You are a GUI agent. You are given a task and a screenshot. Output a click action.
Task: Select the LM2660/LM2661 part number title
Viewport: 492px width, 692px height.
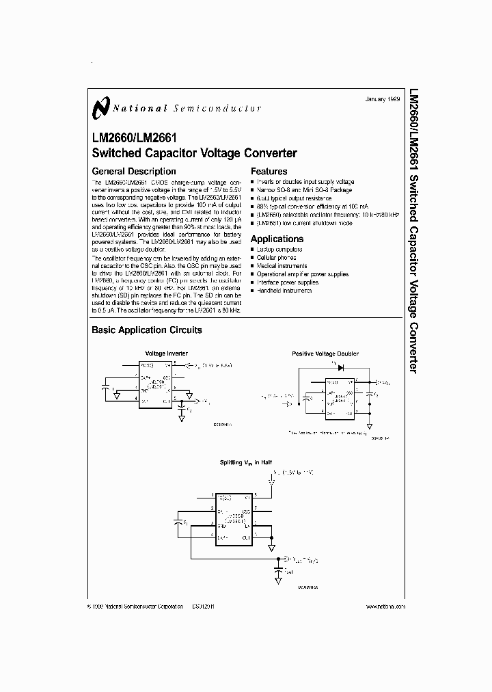tap(134, 137)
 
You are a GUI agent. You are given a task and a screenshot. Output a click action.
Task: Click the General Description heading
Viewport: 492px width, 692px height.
tap(134, 172)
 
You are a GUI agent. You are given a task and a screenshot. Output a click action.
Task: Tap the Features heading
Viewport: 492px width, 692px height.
tap(269, 172)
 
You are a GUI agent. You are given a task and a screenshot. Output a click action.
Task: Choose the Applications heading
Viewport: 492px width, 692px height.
tap(277, 239)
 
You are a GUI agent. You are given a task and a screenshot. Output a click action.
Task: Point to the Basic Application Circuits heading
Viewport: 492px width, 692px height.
tap(147, 330)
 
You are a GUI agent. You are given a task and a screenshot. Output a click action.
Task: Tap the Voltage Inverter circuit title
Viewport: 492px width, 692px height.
tap(167, 354)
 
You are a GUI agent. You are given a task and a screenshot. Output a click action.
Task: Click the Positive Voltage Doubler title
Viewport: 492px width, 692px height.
tap(325, 354)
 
